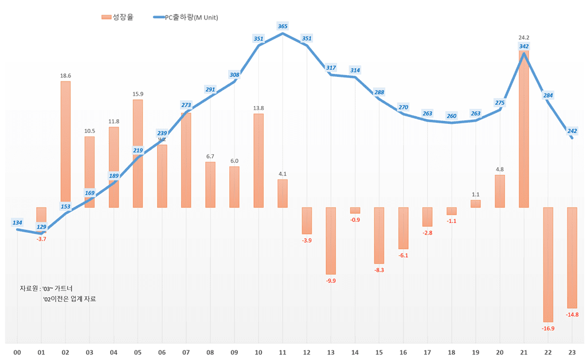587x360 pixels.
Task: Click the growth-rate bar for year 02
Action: [65, 144]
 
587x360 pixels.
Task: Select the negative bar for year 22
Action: [548, 264]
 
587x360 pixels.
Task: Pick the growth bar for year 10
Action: [259, 161]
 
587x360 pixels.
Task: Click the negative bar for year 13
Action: [331, 241]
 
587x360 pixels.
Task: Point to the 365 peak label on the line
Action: [283, 26]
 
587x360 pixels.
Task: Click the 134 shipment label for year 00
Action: [17, 222]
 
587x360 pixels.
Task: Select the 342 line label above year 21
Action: [523, 46]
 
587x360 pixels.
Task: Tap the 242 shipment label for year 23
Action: [572, 131]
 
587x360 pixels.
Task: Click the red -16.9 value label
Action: [548, 328]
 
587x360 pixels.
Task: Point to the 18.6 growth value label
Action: [65, 76]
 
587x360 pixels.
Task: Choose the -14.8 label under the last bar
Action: [572, 315]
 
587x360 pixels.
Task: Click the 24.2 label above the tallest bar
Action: [523, 38]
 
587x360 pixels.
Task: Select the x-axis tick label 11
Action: [283, 352]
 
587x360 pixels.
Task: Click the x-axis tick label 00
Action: [17, 352]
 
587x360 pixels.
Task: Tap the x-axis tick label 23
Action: [572, 352]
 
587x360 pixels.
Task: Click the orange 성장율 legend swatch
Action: [106, 17]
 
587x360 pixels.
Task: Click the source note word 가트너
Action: [64, 288]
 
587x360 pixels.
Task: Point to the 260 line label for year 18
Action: [452, 116]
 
